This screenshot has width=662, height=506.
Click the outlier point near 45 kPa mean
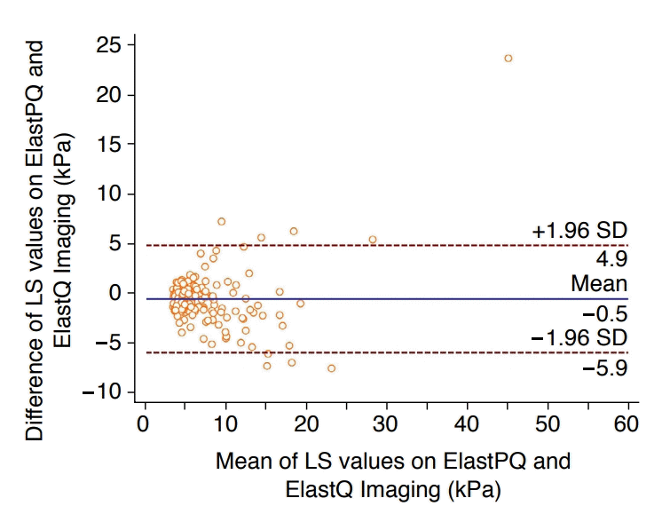pyautogui.click(x=508, y=59)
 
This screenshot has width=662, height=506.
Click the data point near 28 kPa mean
pyautogui.click(x=373, y=240)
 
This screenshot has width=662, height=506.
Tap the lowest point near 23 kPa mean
pyautogui.click(x=332, y=368)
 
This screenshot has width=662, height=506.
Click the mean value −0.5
pyautogui.click(x=607, y=312)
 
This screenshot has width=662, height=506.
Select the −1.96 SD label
pyautogui.click(x=580, y=337)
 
